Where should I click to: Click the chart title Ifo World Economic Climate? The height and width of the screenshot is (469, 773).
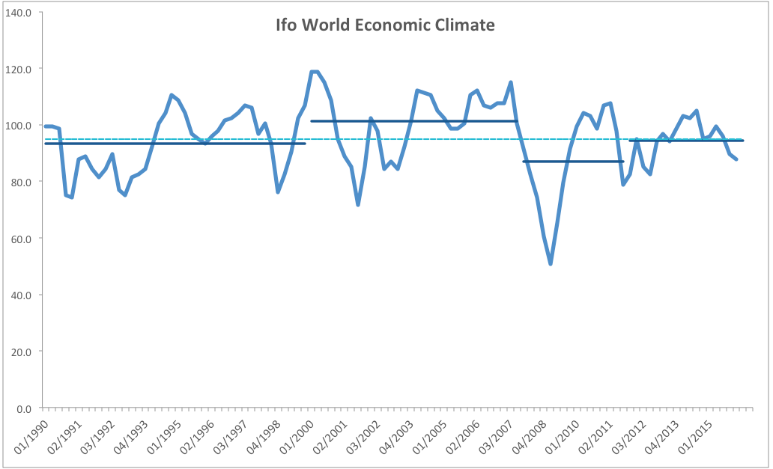click(385, 25)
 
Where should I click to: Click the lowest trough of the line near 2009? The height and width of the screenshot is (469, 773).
click(551, 264)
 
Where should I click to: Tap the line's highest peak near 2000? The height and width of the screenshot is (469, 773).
click(315, 72)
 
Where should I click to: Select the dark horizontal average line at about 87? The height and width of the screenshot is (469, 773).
click(573, 161)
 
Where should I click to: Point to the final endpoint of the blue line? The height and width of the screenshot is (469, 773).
click(736, 159)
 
